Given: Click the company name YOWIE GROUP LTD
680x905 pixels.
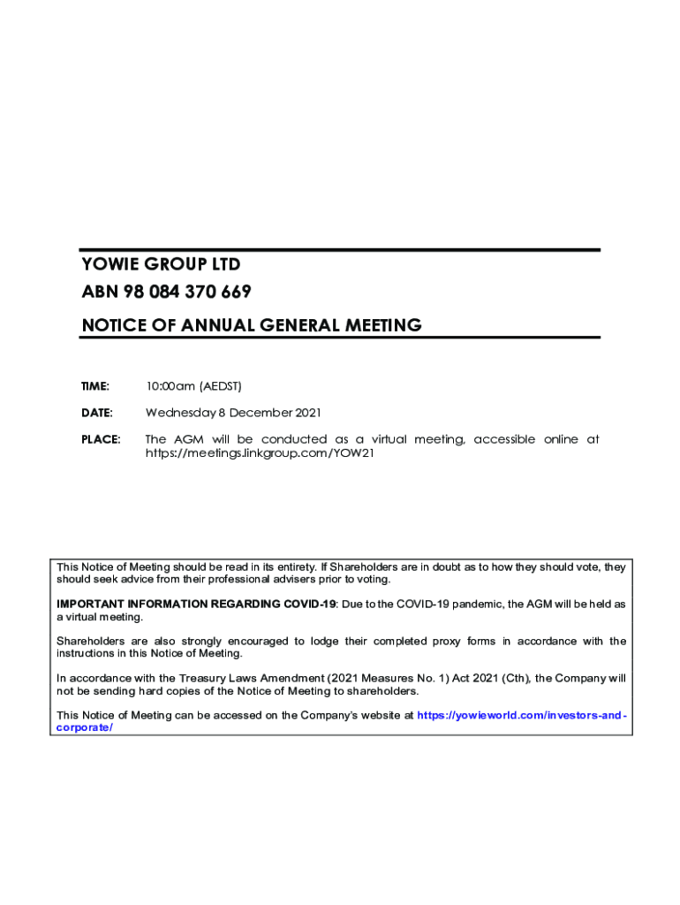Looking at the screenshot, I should (161, 264).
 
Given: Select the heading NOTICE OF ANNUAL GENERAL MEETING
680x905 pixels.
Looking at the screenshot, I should (252, 325).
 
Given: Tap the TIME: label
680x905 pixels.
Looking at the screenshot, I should (95, 386).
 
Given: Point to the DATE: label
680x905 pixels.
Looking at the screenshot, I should (97, 413).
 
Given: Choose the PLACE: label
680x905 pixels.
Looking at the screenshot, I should (101, 439).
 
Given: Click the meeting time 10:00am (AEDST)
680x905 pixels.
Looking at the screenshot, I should (193, 386).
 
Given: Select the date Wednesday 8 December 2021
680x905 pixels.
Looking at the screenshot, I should (233, 413).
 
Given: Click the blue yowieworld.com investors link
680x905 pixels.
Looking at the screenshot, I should (521, 715).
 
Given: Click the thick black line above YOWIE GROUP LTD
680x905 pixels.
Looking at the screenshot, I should (340, 250).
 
